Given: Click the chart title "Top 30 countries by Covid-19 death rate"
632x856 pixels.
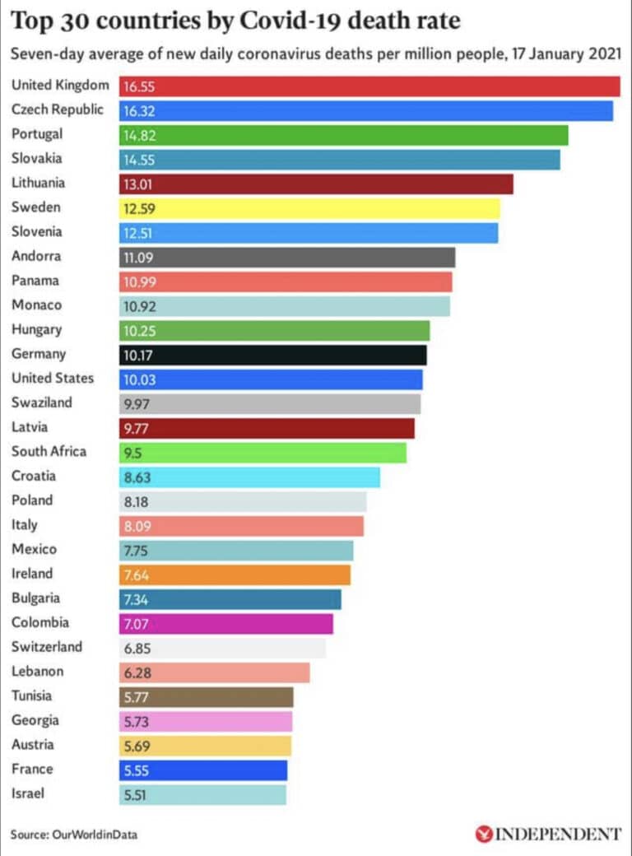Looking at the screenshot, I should click(x=235, y=19).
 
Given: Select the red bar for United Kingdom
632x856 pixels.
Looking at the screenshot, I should click(x=370, y=86).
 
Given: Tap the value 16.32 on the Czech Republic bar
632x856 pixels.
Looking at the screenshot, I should click(x=138, y=110).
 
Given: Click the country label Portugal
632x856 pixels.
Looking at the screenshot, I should click(x=37, y=134).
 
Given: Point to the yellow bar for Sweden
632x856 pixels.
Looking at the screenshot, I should click(x=309, y=208).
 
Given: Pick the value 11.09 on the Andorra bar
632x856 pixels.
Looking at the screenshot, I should click(x=138, y=258).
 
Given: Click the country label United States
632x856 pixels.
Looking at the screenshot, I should click(x=53, y=379).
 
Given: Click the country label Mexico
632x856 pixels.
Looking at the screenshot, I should click(x=34, y=549).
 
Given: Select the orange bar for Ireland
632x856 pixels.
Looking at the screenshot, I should click(x=235, y=575).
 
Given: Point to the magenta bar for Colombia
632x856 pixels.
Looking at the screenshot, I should click(x=226, y=624).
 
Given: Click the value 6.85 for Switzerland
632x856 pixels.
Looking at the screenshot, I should click(x=137, y=648).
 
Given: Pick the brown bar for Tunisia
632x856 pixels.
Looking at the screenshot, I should click(x=206, y=697).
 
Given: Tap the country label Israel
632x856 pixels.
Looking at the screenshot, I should click(x=28, y=793).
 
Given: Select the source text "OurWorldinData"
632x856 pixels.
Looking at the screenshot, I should click(x=95, y=835).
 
